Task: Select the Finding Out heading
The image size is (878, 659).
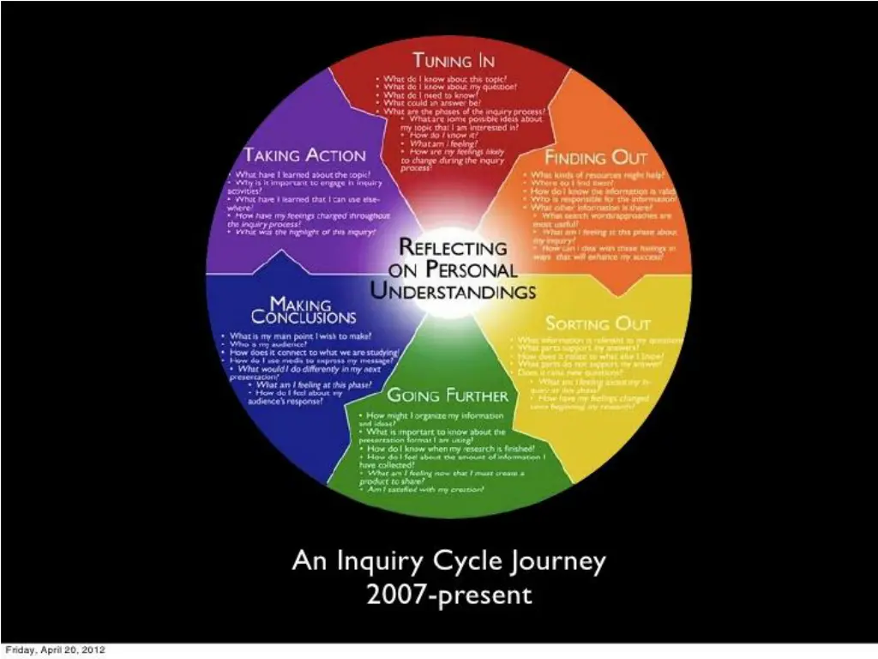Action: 596,158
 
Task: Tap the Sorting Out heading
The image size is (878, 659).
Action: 598,323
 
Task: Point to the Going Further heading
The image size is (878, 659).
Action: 448,396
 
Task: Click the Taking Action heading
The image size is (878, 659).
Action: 304,155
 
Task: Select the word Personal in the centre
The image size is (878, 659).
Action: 473,269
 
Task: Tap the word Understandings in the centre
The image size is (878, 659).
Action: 453,291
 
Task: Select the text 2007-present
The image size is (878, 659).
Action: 449,594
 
